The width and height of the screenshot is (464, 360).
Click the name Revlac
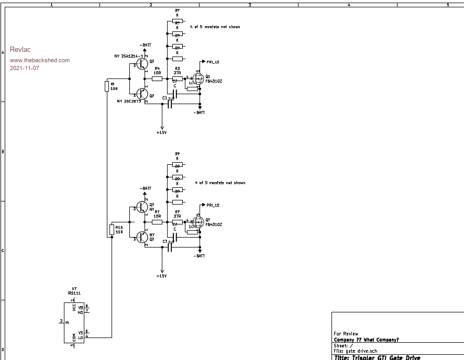pyautogui.click(x=20, y=50)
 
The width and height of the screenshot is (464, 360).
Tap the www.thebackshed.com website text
pyautogui.click(x=40, y=60)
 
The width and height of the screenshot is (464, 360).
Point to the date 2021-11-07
pyautogui.click(x=25, y=69)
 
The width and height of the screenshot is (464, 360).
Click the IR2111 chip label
pyautogui.click(x=74, y=294)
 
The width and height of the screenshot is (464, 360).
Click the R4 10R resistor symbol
pyautogui.click(x=157, y=78)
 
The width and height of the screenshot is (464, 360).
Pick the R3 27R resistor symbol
pyautogui.click(x=178, y=78)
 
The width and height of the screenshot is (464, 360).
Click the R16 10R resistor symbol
pyautogui.click(x=112, y=229)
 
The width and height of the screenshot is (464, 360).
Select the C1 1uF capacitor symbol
pyautogui.click(x=170, y=104)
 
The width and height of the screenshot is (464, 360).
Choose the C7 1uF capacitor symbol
pyautogui.click(x=170, y=248)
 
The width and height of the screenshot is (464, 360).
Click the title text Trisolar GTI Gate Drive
pyautogui.click(x=377, y=357)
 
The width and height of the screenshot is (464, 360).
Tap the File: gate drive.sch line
pyautogui.click(x=355, y=351)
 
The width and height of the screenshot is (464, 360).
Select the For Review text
pyautogui.click(x=346, y=333)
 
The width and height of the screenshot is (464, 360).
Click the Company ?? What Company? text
pyautogui.click(x=366, y=340)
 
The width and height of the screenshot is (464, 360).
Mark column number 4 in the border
pyautogui.click(x=348, y=4)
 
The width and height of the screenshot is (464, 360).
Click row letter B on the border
pyautogui.click(x=3, y=152)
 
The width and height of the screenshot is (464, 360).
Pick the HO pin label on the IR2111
pyautogui.click(x=81, y=312)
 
